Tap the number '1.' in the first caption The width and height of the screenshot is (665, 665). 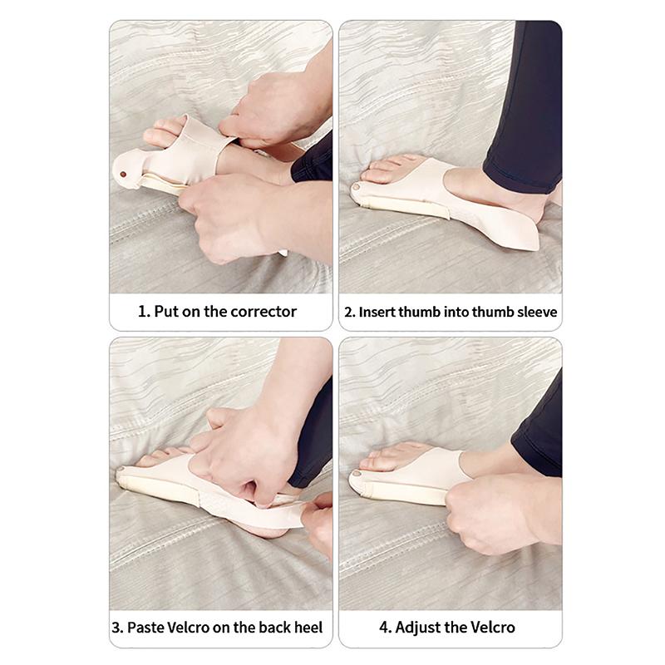click(x=144, y=313)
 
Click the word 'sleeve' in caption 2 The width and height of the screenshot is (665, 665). click(x=536, y=313)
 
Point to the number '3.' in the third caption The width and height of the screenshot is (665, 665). click(x=118, y=627)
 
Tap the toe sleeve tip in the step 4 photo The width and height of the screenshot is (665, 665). click(x=356, y=482)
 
